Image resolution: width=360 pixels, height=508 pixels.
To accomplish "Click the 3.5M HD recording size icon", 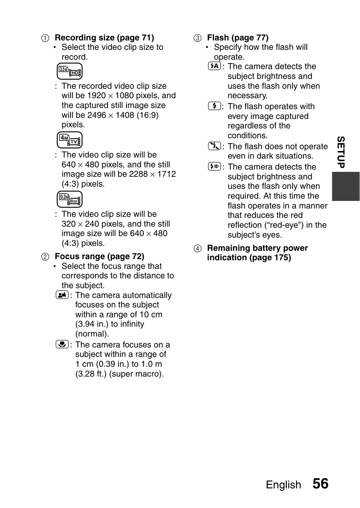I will tap(69, 71).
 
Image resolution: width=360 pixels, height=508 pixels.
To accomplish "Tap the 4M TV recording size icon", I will tap(69, 140).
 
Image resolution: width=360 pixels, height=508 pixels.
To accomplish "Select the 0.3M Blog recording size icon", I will tap(69, 199).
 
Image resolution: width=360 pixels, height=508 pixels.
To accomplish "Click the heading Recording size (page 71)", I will tap(104, 38).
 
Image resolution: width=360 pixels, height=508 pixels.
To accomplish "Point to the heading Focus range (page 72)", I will tap(99, 256).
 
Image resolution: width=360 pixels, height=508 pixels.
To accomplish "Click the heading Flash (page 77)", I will tap(238, 38).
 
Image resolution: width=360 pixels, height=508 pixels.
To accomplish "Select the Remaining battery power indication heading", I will tap(257, 253).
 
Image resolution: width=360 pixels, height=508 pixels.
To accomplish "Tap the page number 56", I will tap(320, 484).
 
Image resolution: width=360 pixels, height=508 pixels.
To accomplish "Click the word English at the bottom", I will tap(283, 485).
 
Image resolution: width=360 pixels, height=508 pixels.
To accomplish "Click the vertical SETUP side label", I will tap(341, 152).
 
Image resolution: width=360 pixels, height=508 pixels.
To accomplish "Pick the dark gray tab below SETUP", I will tap(346, 186).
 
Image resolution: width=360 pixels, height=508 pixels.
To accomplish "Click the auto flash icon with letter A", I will tap(214, 66).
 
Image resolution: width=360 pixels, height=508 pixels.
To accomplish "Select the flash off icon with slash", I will tap(214, 146).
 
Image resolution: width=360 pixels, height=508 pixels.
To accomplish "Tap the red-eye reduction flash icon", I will tap(214, 166).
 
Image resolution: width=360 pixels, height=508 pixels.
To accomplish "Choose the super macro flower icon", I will tap(62, 344).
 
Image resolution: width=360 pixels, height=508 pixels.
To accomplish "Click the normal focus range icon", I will tap(62, 295).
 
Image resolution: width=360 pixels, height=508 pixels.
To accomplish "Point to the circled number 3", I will tap(197, 38).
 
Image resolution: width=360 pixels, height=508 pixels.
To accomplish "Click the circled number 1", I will tap(45, 38).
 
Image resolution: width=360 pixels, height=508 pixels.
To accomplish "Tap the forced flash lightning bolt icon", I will tap(214, 106).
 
